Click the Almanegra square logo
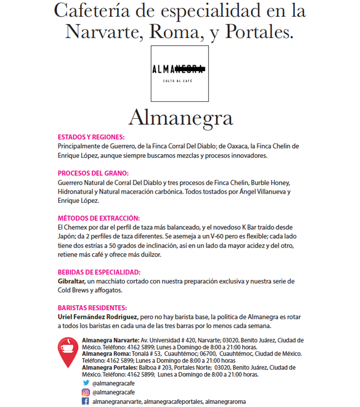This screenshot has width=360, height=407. pos(180,74)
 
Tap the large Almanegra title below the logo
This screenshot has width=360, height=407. pos(180,118)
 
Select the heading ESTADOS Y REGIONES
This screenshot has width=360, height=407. pos(91,137)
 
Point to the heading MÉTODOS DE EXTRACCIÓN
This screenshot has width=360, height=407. pos(99,218)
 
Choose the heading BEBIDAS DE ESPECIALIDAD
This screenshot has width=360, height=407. pos(99,272)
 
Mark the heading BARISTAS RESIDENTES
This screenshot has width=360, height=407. pos(92,307)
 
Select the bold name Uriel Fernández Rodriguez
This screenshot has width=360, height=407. pos(98,316)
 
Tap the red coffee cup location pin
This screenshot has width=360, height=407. pos(69,351)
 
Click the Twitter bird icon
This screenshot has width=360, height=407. pos(86,383)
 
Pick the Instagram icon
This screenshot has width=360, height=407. pos(86,392)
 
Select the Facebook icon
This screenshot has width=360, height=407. pos(86,401)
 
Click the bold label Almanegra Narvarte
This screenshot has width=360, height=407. pos(110,340)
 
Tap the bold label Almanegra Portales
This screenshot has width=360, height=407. pos(109,367)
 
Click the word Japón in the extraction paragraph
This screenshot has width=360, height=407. pos(67,236)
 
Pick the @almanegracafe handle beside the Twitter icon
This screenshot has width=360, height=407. pos(114,383)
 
